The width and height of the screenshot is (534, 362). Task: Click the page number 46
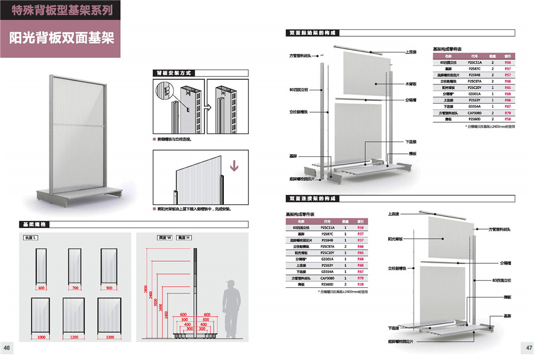pos(7,348)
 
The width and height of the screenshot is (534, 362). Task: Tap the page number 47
pos(527,348)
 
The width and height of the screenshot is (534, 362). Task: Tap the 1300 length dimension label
pos(110,337)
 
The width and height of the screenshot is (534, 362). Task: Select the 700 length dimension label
pos(76,288)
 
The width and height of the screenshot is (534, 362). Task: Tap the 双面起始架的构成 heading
pos(312,33)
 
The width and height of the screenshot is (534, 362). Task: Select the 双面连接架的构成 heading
pos(312,199)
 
